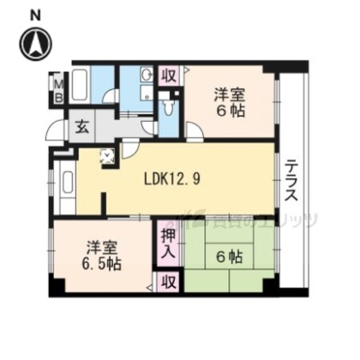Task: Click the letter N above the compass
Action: click(x=34, y=14)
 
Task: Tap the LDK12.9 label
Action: click(x=172, y=180)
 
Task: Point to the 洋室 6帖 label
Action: click(x=229, y=103)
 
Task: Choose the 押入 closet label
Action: click(x=168, y=244)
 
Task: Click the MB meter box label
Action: click(x=58, y=87)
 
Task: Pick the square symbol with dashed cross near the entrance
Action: click(x=107, y=157)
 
